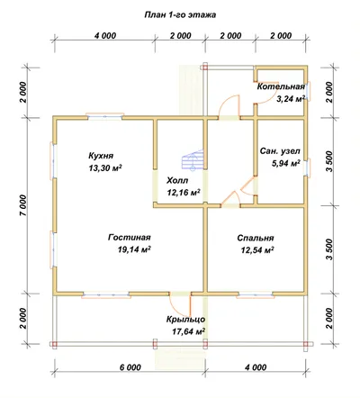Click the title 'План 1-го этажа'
coord(180,15)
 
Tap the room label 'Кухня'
coord(101,156)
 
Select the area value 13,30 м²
coord(105,167)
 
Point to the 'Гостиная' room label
coord(130,238)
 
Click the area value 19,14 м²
coord(134,249)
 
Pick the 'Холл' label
coord(177,180)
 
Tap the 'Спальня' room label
coord(256,238)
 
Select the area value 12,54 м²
coord(258,249)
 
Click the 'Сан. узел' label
coord(280,151)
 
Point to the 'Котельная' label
coord(281,86)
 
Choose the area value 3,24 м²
coord(291,98)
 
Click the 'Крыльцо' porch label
coord(186,320)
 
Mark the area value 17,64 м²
coord(189,331)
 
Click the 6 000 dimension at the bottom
coord(130,367)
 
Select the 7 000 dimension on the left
coord(23,205)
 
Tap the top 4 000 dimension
coord(105,36)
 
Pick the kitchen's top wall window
coord(105,116)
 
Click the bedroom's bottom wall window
coord(256,295)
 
